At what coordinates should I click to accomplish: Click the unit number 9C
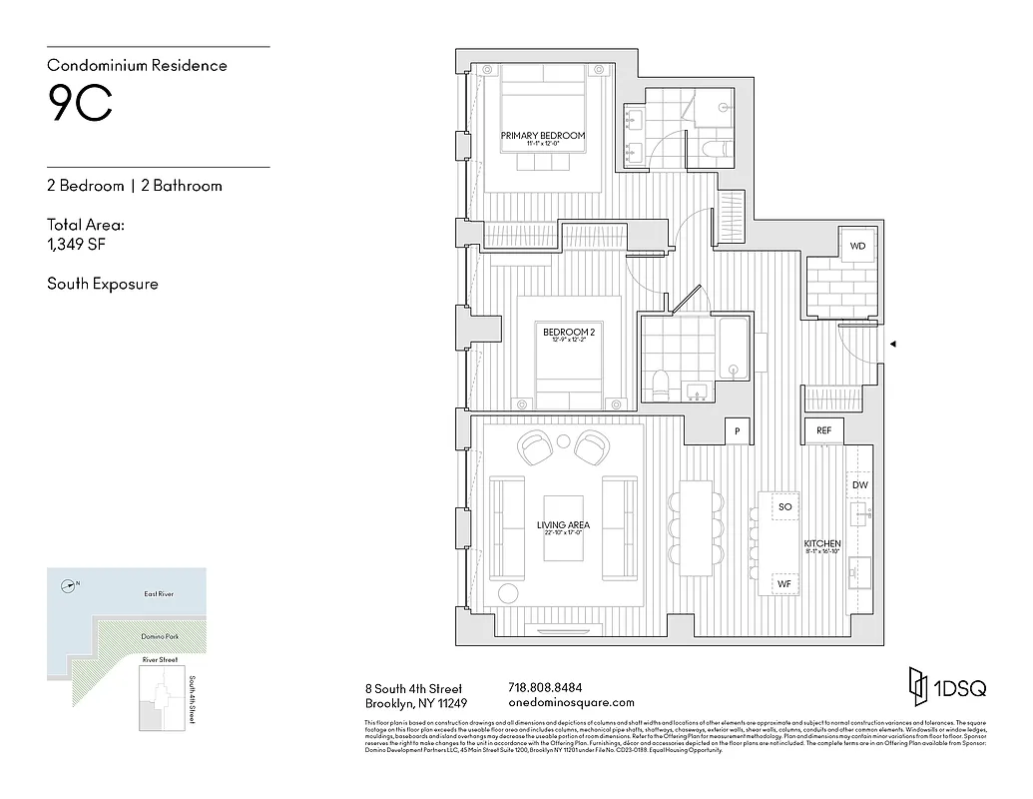80,105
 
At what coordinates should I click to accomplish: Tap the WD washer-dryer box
857,246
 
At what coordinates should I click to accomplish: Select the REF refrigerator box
823,430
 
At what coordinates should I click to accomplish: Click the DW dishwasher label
859,484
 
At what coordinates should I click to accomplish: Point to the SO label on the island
784,507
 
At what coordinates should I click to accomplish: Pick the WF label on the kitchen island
784,582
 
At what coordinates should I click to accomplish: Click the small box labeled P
737,430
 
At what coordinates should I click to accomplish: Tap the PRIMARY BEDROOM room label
543,136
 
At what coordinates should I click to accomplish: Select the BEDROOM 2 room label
569,333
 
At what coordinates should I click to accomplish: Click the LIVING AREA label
563,524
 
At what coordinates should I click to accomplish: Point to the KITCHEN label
822,543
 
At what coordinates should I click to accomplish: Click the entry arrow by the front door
893,345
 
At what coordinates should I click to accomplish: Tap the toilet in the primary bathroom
716,151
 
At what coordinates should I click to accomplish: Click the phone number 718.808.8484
545,687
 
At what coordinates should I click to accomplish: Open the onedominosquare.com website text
571,702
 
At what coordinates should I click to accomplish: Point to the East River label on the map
159,594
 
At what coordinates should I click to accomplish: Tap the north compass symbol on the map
68,586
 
